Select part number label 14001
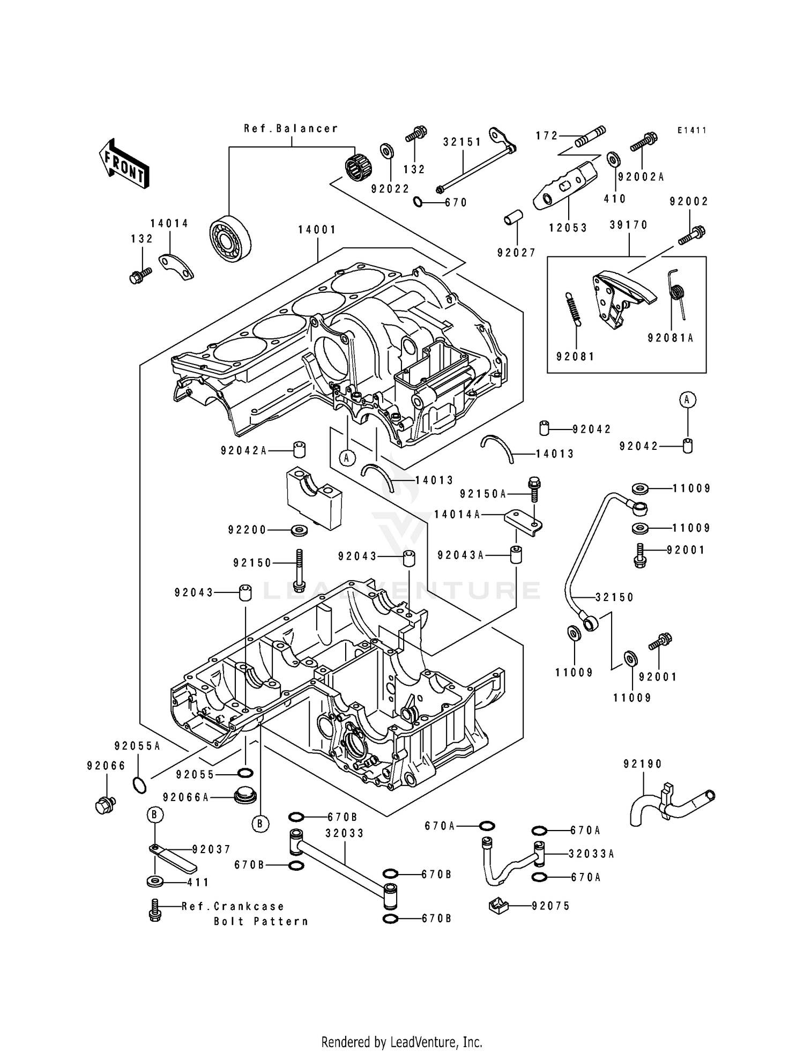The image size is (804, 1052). pyautogui.click(x=317, y=229)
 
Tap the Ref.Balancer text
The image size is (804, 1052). pyautogui.click(x=291, y=129)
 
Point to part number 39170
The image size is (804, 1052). pyautogui.click(x=629, y=225)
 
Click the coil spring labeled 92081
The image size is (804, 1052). pyautogui.click(x=572, y=309)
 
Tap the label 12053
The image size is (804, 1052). pyautogui.click(x=568, y=228)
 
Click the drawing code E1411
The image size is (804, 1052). pyautogui.click(x=691, y=130)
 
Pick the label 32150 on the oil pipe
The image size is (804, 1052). pyautogui.click(x=614, y=597)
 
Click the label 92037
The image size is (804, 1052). pyautogui.click(x=211, y=849)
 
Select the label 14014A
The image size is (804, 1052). pyautogui.click(x=457, y=515)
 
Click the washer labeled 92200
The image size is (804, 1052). pyautogui.click(x=299, y=530)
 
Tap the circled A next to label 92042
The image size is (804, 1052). pyautogui.click(x=688, y=399)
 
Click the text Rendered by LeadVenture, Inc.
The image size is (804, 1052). pyautogui.click(x=401, y=1042)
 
